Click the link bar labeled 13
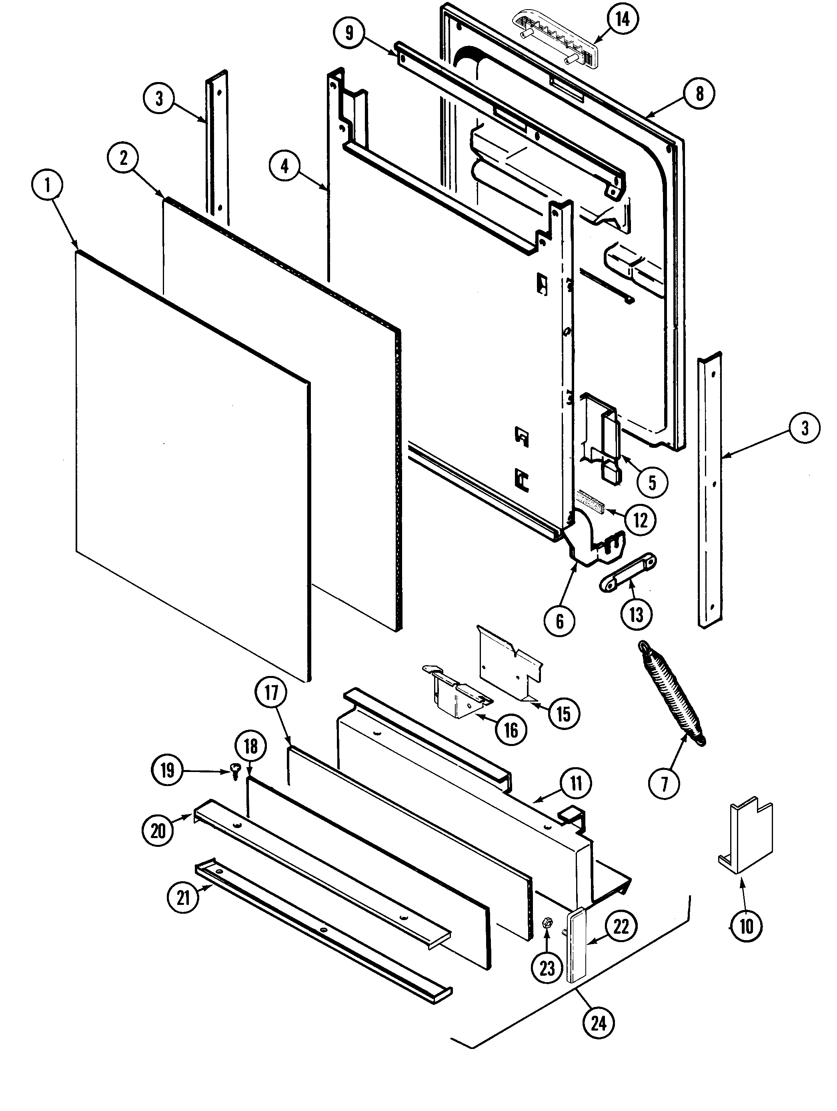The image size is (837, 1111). click(x=628, y=572)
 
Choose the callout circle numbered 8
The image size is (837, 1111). click(x=699, y=93)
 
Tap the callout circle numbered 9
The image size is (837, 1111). click(x=349, y=33)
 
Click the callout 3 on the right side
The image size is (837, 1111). click(x=804, y=428)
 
